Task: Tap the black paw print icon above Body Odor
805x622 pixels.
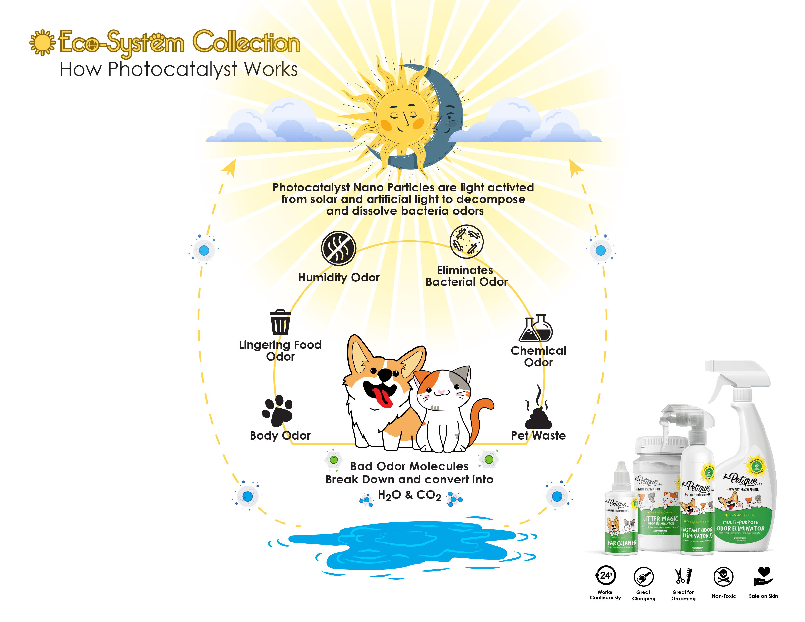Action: click(277, 411)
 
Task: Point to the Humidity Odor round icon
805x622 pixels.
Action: click(338, 248)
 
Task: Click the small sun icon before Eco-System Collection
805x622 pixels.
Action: click(42, 42)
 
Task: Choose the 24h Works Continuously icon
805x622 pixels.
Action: click(605, 576)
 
